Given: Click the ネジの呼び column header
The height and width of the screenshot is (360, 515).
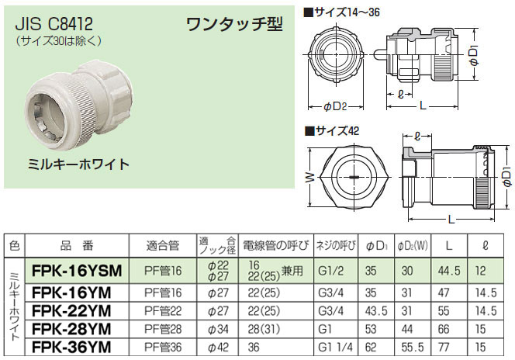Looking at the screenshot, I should click(x=337, y=246).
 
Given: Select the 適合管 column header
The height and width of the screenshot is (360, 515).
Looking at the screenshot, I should click(x=163, y=246).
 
